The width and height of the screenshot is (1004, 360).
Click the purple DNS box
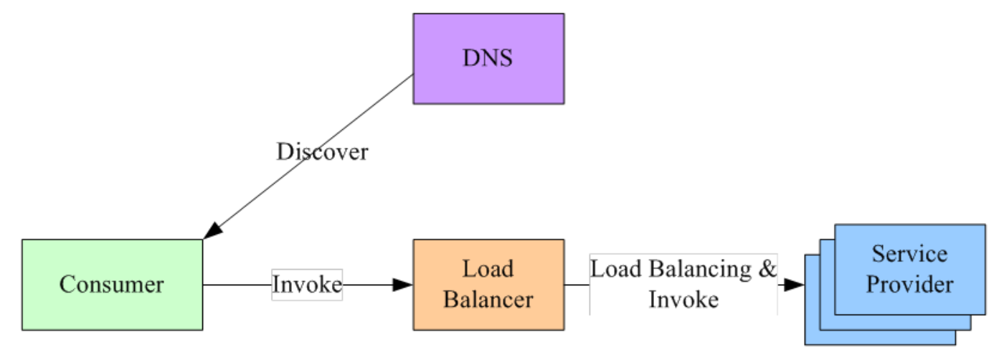click(x=488, y=59)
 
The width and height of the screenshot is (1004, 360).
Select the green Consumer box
click(x=112, y=285)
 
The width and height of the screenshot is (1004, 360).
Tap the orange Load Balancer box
click(x=488, y=285)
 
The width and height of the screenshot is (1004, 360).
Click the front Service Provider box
click(x=910, y=270)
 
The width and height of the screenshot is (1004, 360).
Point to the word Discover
click(x=322, y=151)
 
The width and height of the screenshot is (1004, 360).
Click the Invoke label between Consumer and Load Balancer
click(x=307, y=284)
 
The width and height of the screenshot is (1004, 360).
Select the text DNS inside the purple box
click(x=488, y=58)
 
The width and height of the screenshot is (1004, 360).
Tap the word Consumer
click(x=112, y=284)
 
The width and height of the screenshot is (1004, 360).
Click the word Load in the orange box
click(x=488, y=268)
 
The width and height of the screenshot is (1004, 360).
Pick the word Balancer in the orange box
click(x=488, y=300)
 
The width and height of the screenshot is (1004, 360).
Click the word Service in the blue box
click(x=910, y=254)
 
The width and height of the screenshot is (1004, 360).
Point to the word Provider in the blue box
click(x=910, y=284)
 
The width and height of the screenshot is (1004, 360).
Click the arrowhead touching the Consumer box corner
click(x=212, y=230)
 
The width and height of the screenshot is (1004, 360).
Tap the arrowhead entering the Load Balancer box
click(x=402, y=285)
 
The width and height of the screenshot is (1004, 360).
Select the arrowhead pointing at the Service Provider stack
click(x=795, y=285)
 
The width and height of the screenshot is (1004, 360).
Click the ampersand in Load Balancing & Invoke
click(x=767, y=269)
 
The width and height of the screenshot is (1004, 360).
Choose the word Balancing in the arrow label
click(x=700, y=270)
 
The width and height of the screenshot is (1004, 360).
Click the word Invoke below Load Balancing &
click(x=683, y=300)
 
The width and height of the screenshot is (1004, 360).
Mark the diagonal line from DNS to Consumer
click(x=308, y=157)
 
